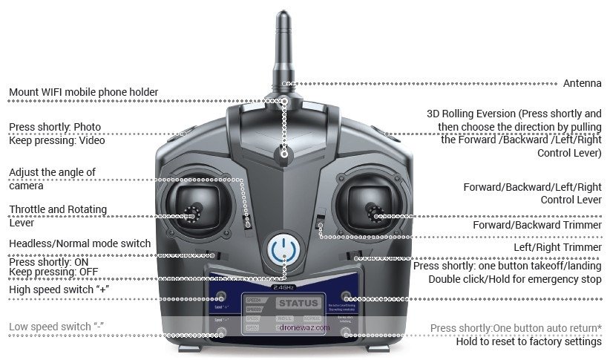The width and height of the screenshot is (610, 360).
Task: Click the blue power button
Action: (x=284, y=250)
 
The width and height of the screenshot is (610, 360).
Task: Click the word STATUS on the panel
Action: (x=298, y=303)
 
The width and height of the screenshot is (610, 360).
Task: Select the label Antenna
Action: (x=583, y=83)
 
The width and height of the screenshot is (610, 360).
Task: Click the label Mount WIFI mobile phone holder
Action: (x=83, y=93)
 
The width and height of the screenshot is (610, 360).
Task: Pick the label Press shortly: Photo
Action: (x=55, y=127)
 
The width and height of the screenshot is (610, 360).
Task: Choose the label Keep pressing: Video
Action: (x=57, y=140)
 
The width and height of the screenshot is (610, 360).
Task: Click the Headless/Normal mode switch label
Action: (x=79, y=243)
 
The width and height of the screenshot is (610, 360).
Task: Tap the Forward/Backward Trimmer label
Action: (x=537, y=225)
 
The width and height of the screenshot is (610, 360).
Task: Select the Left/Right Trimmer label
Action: (x=557, y=247)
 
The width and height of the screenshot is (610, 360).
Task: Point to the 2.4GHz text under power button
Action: (x=285, y=287)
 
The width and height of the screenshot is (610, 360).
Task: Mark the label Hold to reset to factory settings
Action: (x=528, y=341)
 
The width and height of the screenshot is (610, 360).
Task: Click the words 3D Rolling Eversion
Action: (x=471, y=114)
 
